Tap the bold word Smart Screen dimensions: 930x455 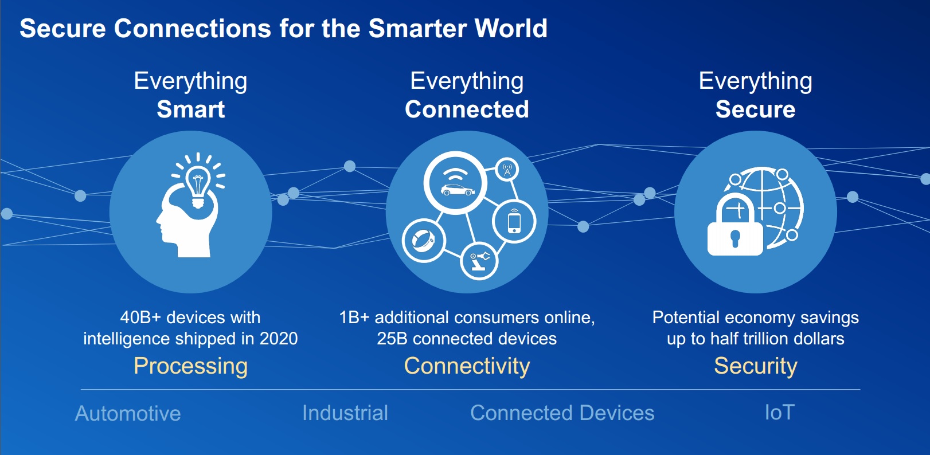coord(190,109)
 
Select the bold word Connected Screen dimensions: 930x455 coord(467,109)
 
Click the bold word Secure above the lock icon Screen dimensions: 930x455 coord(755,109)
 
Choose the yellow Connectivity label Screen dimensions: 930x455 coord(467,366)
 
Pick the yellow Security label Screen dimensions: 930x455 coord(756,366)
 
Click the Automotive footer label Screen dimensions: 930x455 coord(128,414)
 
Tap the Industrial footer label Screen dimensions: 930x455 coord(345,413)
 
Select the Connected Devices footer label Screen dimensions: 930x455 coord(562,413)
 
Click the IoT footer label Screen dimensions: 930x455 coord(780,413)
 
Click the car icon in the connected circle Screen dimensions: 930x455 coord(458,190)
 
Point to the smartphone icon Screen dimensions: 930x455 coord(514,222)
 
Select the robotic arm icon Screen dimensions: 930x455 coord(479,261)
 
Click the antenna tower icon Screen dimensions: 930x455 coord(507,170)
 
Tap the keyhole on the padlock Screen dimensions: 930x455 coord(735,239)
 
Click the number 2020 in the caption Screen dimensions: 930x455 coord(279,339)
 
